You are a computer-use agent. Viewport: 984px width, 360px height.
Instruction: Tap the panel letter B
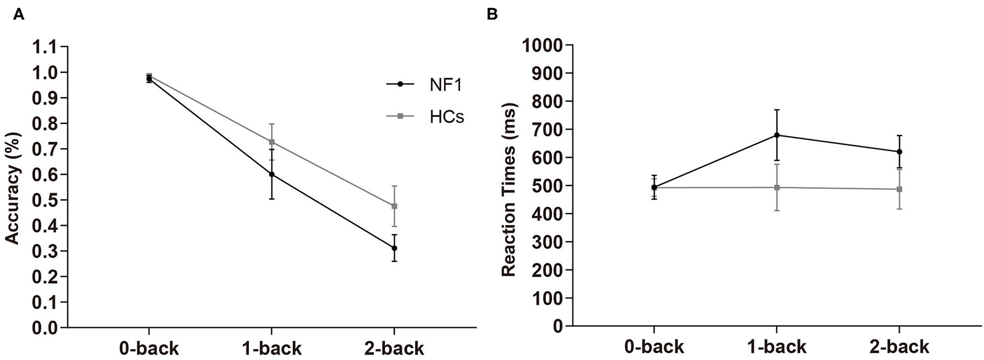pyautogui.click(x=492, y=15)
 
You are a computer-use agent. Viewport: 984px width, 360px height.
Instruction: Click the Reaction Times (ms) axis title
pyautogui.click(x=509, y=189)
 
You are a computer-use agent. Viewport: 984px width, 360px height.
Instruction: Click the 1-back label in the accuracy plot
pyautogui.click(x=272, y=348)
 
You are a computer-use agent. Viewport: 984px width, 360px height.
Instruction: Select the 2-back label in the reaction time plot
pyautogui.click(x=899, y=347)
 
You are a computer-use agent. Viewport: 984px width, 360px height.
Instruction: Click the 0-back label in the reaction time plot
pyautogui.click(x=654, y=347)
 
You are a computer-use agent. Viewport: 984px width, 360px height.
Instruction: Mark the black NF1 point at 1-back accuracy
pyautogui.click(x=272, y=174)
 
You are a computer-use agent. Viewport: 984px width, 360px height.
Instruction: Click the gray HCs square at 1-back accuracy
pyautogui.click(x=272, y=142)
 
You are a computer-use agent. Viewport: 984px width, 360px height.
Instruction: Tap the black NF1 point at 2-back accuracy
pyautogui.click(x=394, y=248)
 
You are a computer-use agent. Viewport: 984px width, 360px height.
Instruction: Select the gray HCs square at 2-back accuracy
pyautogui.click(x=394, y=206)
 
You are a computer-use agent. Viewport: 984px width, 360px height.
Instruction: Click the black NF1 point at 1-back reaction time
pyautogui.click(x=777, y=135)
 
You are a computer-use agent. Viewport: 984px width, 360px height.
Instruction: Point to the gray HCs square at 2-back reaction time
pyautogui.click(x=899, y=189)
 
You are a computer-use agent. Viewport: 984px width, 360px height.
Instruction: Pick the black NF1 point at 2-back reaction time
pyautogui.click(x=899, y=152)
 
